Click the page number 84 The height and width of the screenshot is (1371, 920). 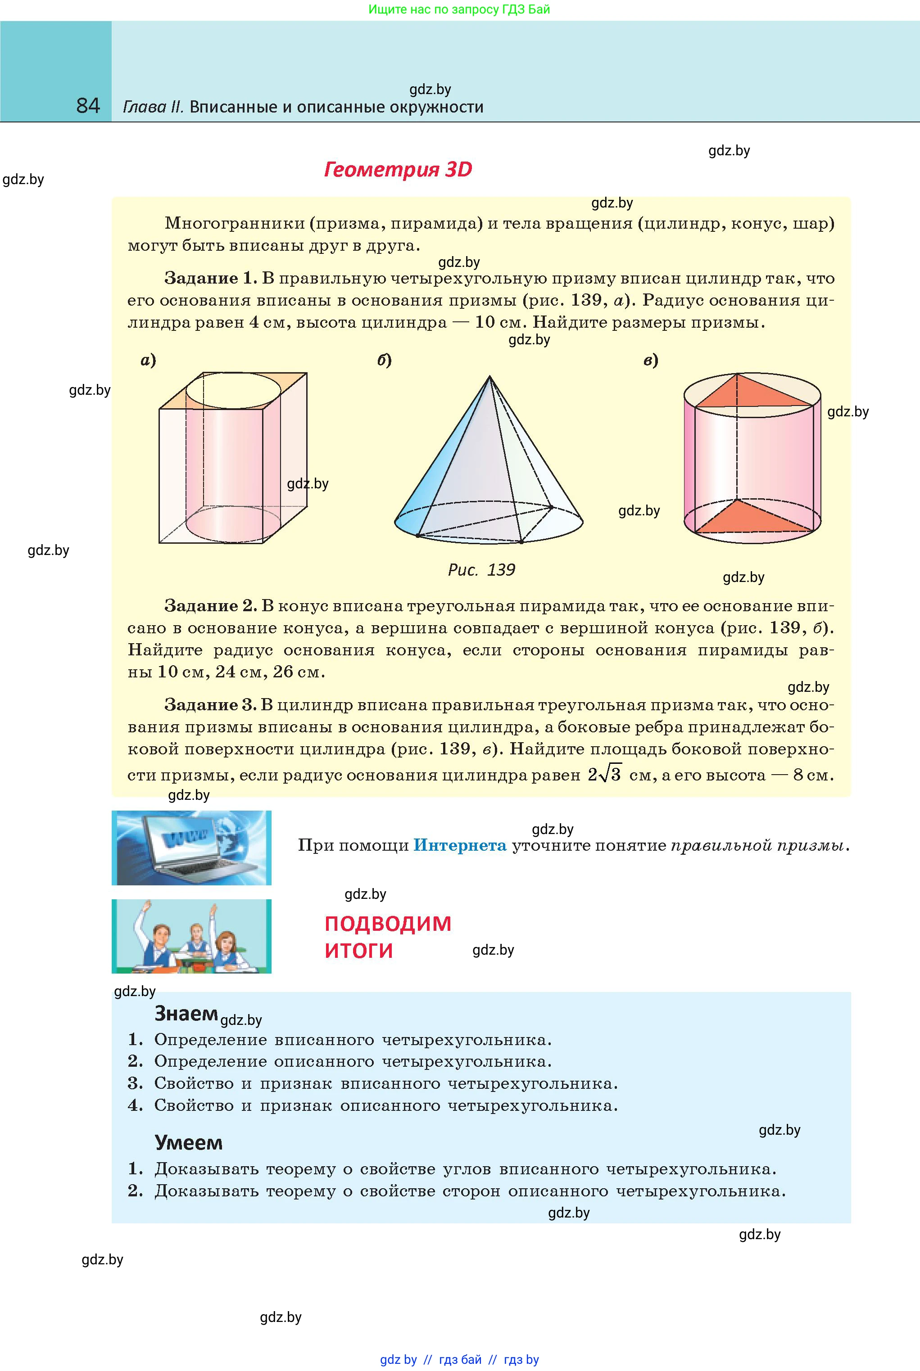(x=88, y=106)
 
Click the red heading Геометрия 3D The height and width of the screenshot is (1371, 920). (x=398, y=170)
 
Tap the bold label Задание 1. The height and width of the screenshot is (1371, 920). (x=210, y=278)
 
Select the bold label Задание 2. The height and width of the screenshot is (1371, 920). (x=210, y=605)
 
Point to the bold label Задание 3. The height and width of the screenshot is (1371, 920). (x=210, y=704)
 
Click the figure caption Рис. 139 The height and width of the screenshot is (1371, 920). (x=481, y=569)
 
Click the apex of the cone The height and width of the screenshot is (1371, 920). (x=490, y=377)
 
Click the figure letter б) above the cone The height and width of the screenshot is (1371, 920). (x=384, y=360)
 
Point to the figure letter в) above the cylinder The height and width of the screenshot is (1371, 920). (x=651, y=360)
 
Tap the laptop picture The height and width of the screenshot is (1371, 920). (x=191, y=848)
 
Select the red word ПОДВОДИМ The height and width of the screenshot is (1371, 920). (x=388, y=924)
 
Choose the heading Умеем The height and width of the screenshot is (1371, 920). (x=188, y=1142)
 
